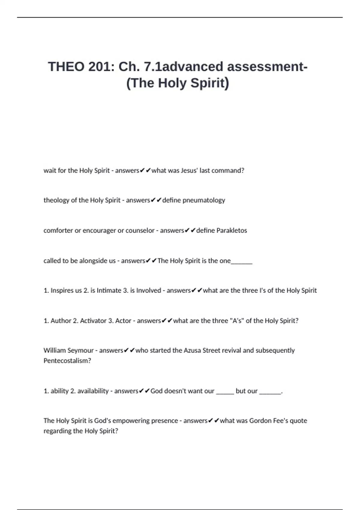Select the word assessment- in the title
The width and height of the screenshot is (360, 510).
pos(267,67)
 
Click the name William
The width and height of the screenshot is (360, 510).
pos(55,350)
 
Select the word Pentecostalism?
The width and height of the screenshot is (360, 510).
pos(67,361)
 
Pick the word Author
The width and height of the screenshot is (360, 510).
pos(61,321)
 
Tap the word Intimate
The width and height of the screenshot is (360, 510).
pos(109,290)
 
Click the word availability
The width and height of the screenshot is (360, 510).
pos(93,391)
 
